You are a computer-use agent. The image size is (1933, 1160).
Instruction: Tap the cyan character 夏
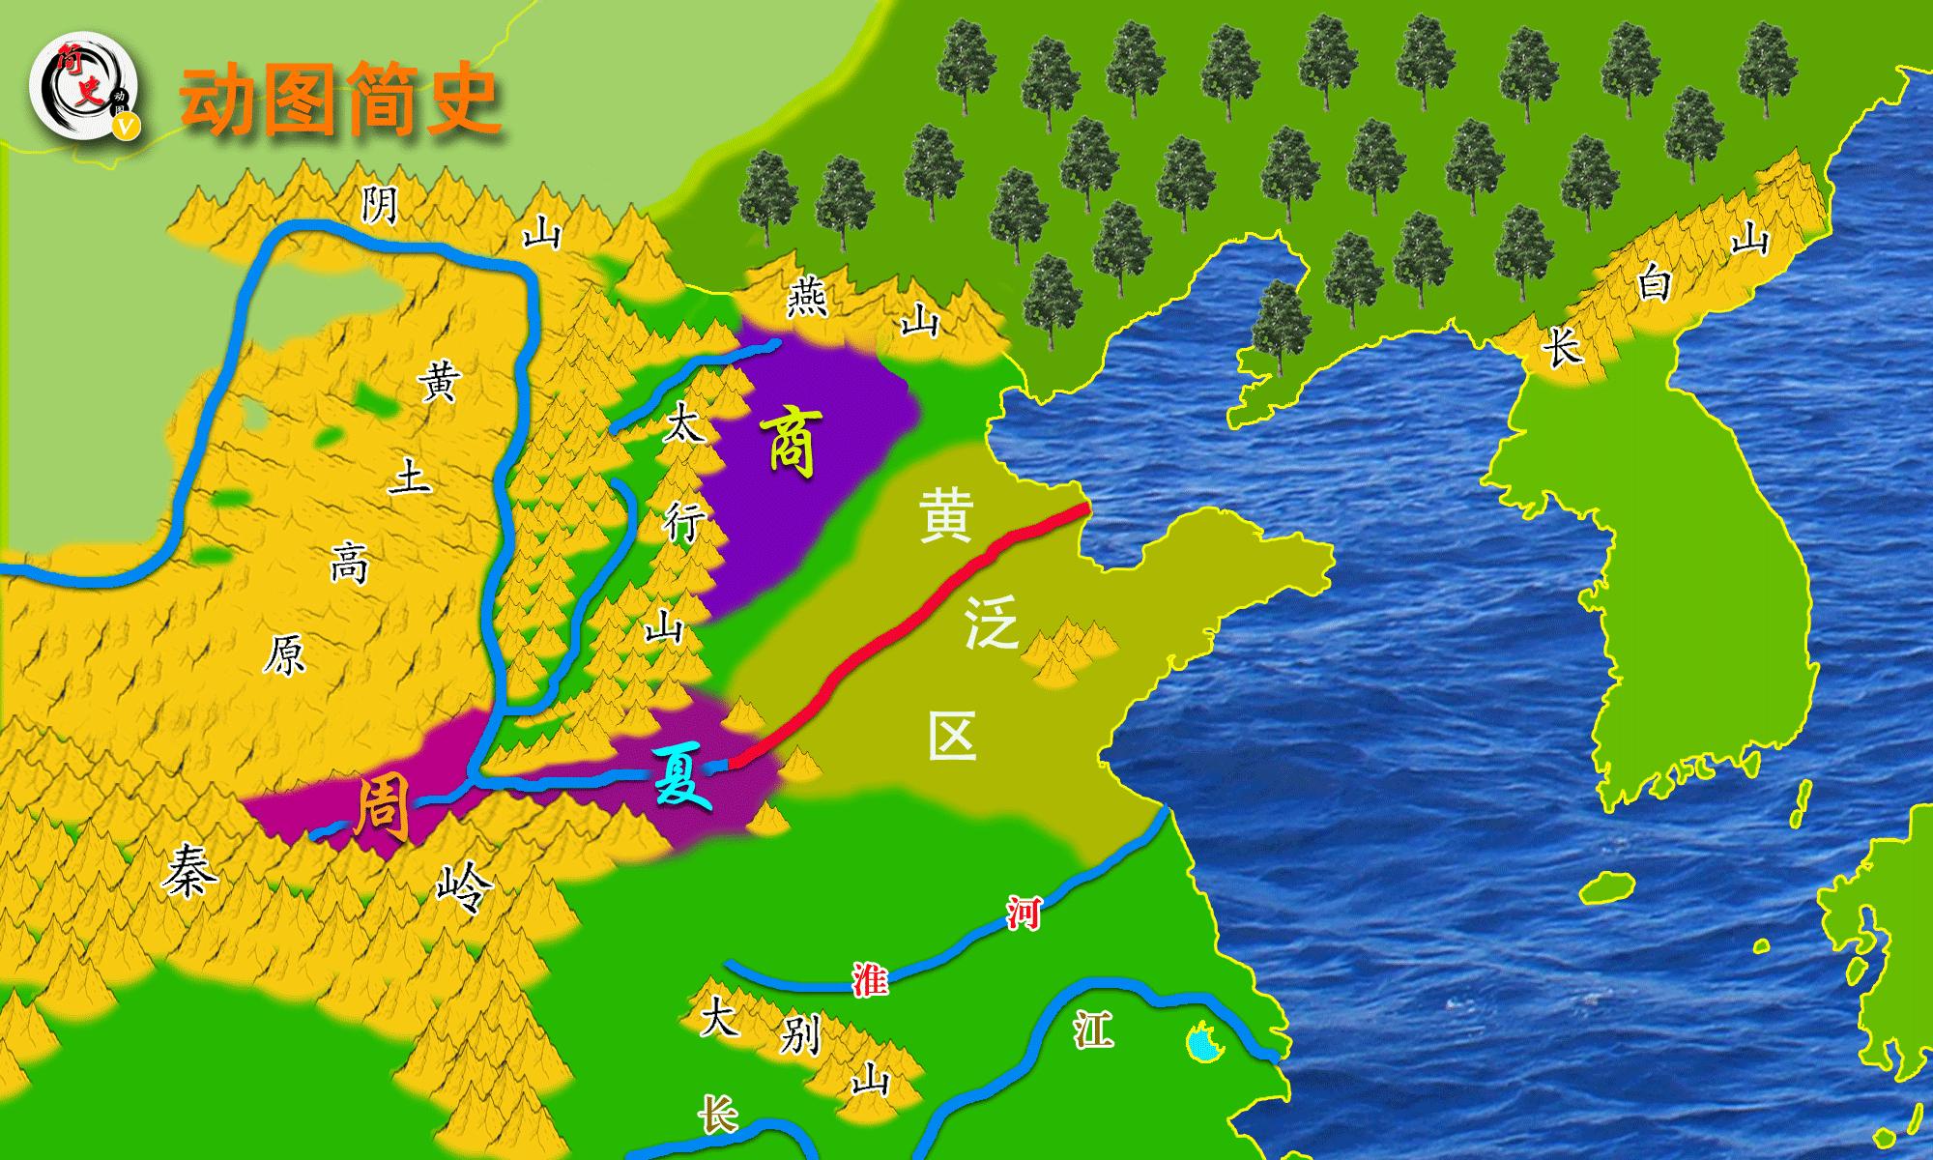(x=681, y=777)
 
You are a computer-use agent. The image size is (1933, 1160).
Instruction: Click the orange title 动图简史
(x=340, y=100)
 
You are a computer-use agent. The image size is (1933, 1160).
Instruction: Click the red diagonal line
(x=909, y=633)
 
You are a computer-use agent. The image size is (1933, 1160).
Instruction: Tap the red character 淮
(x=869, y=980)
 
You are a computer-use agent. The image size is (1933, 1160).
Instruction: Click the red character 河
(x=1022, y=912)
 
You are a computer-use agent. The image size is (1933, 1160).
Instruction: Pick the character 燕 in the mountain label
(x=806, y=297)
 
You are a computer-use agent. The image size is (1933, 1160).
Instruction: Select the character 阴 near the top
(x=379, y=205)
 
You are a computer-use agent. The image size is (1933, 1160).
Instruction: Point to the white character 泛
(x=991, y=626)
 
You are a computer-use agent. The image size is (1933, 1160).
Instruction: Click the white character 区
(x=952, y=737)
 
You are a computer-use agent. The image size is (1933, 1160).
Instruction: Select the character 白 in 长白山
(x=1654, y=286)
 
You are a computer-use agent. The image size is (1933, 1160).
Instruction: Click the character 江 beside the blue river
(x=1092, y=1031)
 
